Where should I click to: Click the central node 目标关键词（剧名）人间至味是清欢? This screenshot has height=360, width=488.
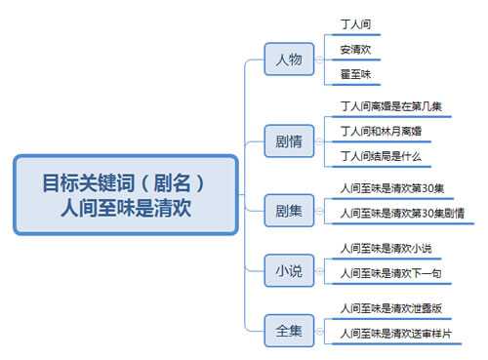(125, 194)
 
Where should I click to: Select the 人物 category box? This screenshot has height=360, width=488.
(288, 60)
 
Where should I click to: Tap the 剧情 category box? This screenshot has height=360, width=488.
(288, 140)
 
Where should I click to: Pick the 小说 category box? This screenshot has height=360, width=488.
(288, 270)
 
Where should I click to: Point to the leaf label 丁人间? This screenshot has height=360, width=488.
(355, 22)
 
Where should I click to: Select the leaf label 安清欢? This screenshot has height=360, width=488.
(355, 48)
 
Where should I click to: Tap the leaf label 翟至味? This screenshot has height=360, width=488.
(355, 74)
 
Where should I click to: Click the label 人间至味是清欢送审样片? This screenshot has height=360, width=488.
(395, 334)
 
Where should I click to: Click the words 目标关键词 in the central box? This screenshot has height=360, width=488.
(86, 182)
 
